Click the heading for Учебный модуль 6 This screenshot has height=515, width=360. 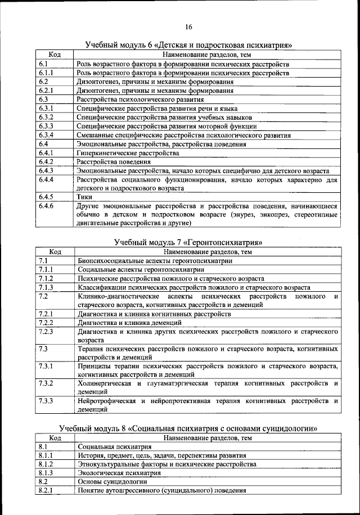[190, 45]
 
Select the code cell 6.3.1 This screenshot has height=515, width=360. [46, 108]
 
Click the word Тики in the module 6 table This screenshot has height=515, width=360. [84, 197]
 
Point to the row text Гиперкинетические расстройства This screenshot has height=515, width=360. [128, 153]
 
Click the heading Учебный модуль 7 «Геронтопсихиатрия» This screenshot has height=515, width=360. [189, 242]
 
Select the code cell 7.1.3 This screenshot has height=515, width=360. [46, 287]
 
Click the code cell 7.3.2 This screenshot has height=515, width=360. [46, 383]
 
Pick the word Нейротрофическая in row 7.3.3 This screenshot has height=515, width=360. [107, 401]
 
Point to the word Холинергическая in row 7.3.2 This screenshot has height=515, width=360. [104, 383]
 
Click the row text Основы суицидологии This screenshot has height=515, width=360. [112, 482]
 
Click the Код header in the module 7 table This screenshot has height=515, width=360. [55, 252]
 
